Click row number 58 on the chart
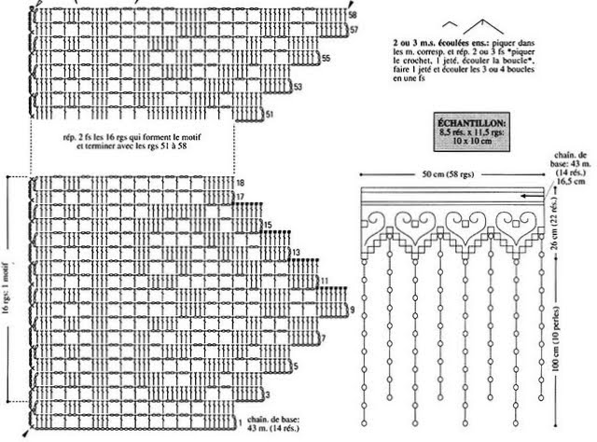click(352, 16)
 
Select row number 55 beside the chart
click(326, 59)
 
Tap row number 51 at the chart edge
click(269, 115)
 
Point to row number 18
click(241, 183)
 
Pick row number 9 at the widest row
click(352, 310)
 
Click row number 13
click(295, 253)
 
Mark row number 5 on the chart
click(295, 366)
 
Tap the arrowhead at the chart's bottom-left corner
click(28, 435)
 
